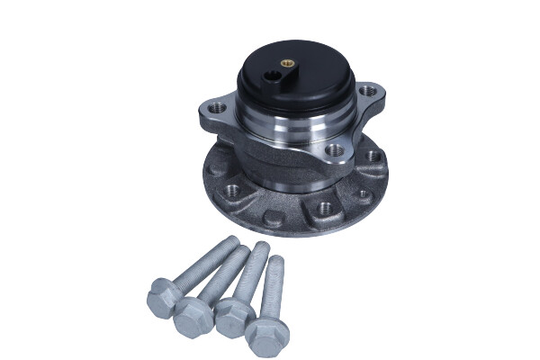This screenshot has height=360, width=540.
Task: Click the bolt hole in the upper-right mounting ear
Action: pyautogui.click(x=366, y=90)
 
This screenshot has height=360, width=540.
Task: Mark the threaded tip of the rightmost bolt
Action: pyautogui.click(x=275, y=263)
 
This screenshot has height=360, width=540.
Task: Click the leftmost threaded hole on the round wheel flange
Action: pyautogui.click(x=233, y=190)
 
